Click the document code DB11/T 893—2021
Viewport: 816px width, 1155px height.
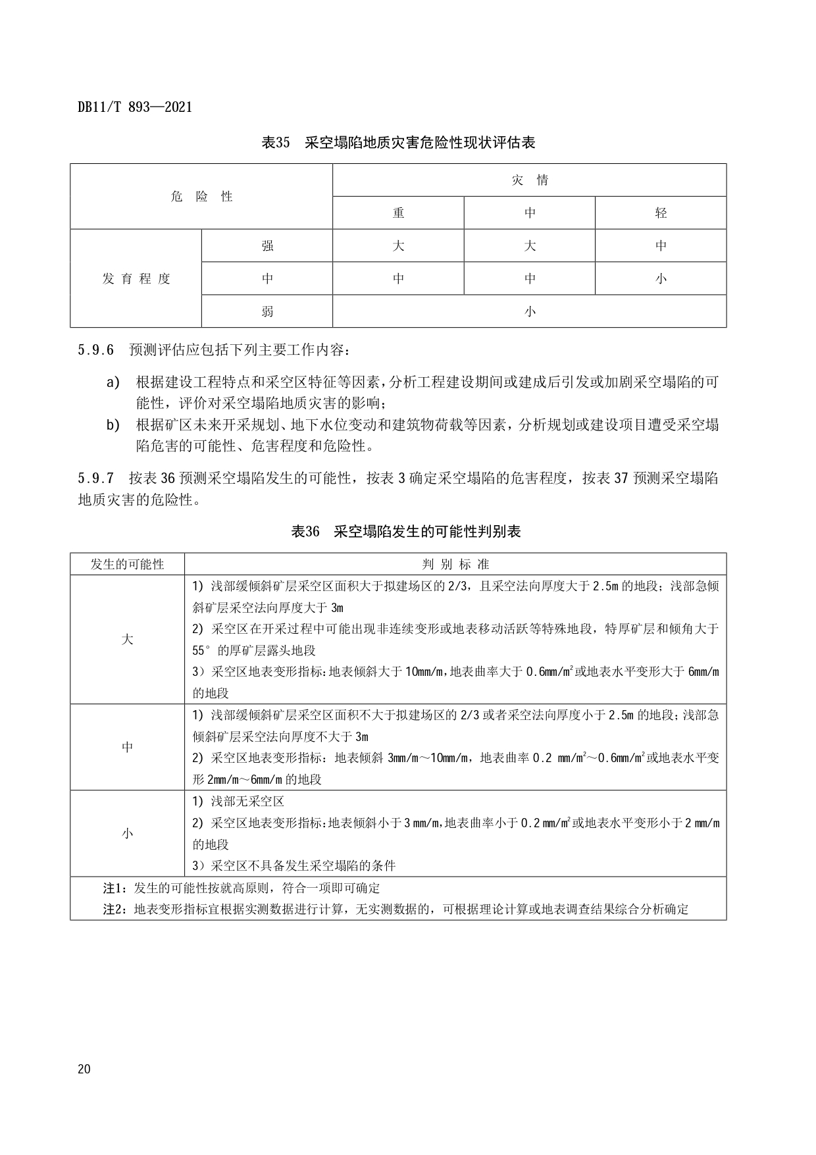point(135,107)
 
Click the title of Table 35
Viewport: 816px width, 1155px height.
point(398,142)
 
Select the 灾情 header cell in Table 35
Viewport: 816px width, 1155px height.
point(530,180)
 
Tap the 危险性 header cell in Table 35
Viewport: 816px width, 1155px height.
point(201,196)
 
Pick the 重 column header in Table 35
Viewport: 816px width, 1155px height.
point(398,213)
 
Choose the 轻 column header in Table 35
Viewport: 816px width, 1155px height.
point(661,213)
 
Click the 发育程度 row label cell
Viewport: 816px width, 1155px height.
point(136,278)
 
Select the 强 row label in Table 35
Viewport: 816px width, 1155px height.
point(267,245)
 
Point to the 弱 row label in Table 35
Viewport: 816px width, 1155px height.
point(267,311)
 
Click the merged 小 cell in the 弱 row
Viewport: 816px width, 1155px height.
point(530,311)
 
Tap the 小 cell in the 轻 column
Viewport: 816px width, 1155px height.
point(661,278)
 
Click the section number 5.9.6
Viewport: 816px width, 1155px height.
point(95,350)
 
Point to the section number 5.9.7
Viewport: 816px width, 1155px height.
point(95,478)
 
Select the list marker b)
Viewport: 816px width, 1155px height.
point(113,424)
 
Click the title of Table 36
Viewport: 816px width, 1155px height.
point(406,532)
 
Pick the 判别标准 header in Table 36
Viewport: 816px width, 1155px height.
point(455,564)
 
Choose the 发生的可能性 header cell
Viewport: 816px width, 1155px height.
point(128,564)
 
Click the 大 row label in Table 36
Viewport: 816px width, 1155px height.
point(128,640)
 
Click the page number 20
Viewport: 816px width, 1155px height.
point(84,1069)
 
